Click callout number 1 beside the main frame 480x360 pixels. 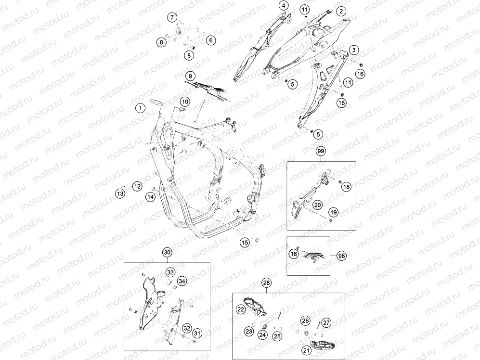coord(141,108)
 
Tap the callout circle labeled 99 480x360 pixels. coord(321,151)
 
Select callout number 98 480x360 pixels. coord(342,256)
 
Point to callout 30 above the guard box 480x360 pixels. coord(167,252)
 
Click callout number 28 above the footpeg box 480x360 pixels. coord(267,283)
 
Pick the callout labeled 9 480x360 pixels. coord(190,76)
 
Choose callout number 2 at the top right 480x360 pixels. coord(341,12)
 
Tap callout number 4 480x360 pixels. coord(284,5)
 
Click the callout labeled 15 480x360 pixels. coord(245,243)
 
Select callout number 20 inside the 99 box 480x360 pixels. coord(317,205)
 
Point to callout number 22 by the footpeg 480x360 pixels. coord(241,309)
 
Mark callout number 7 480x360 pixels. coord(172,17)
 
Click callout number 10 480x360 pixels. coord(184,102)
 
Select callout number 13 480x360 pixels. coord(120,193)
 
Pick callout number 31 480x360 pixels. coord(197,334)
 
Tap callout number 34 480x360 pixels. coord(182,281)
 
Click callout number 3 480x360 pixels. coord(354,50)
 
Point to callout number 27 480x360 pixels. coord(326,322)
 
